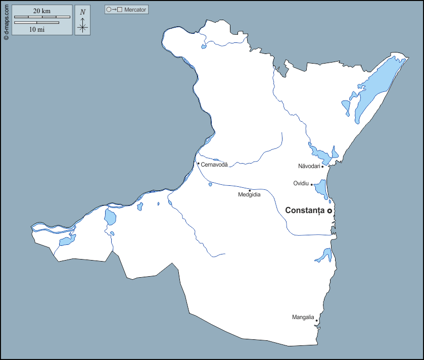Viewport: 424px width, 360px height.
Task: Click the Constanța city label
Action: [x=305, y=211]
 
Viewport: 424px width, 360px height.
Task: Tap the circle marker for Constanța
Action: [x=329, y=211]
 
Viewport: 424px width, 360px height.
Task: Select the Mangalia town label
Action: [x=303, y=318]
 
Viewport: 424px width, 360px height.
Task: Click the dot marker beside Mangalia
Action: [x=316, y=320]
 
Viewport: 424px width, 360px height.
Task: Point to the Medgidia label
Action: [x=249, y=195]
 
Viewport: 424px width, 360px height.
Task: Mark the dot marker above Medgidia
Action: [x=250, y=190]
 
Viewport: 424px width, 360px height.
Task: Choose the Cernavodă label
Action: [x=214, y=165]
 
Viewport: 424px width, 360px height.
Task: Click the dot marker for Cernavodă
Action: [x=198, y=163]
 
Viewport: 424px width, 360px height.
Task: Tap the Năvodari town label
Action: [x=309, y=166]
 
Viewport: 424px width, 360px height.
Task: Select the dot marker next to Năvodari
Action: [x=322, y=166]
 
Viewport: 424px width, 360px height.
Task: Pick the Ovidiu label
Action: [x=301, y=183]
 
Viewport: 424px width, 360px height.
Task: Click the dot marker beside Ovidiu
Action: [x=311, y=184]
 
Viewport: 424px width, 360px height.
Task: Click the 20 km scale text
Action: [x=42, y=11]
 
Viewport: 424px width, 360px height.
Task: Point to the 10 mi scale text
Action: [x=37, y=30]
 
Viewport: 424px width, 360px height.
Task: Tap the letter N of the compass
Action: [x=83, y=12]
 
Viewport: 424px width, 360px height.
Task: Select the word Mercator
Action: [x=135, y=10]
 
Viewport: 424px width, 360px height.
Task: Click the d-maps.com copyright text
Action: [x=6, y=20]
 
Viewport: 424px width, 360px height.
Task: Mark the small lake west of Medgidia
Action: [x=210, y=184]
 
